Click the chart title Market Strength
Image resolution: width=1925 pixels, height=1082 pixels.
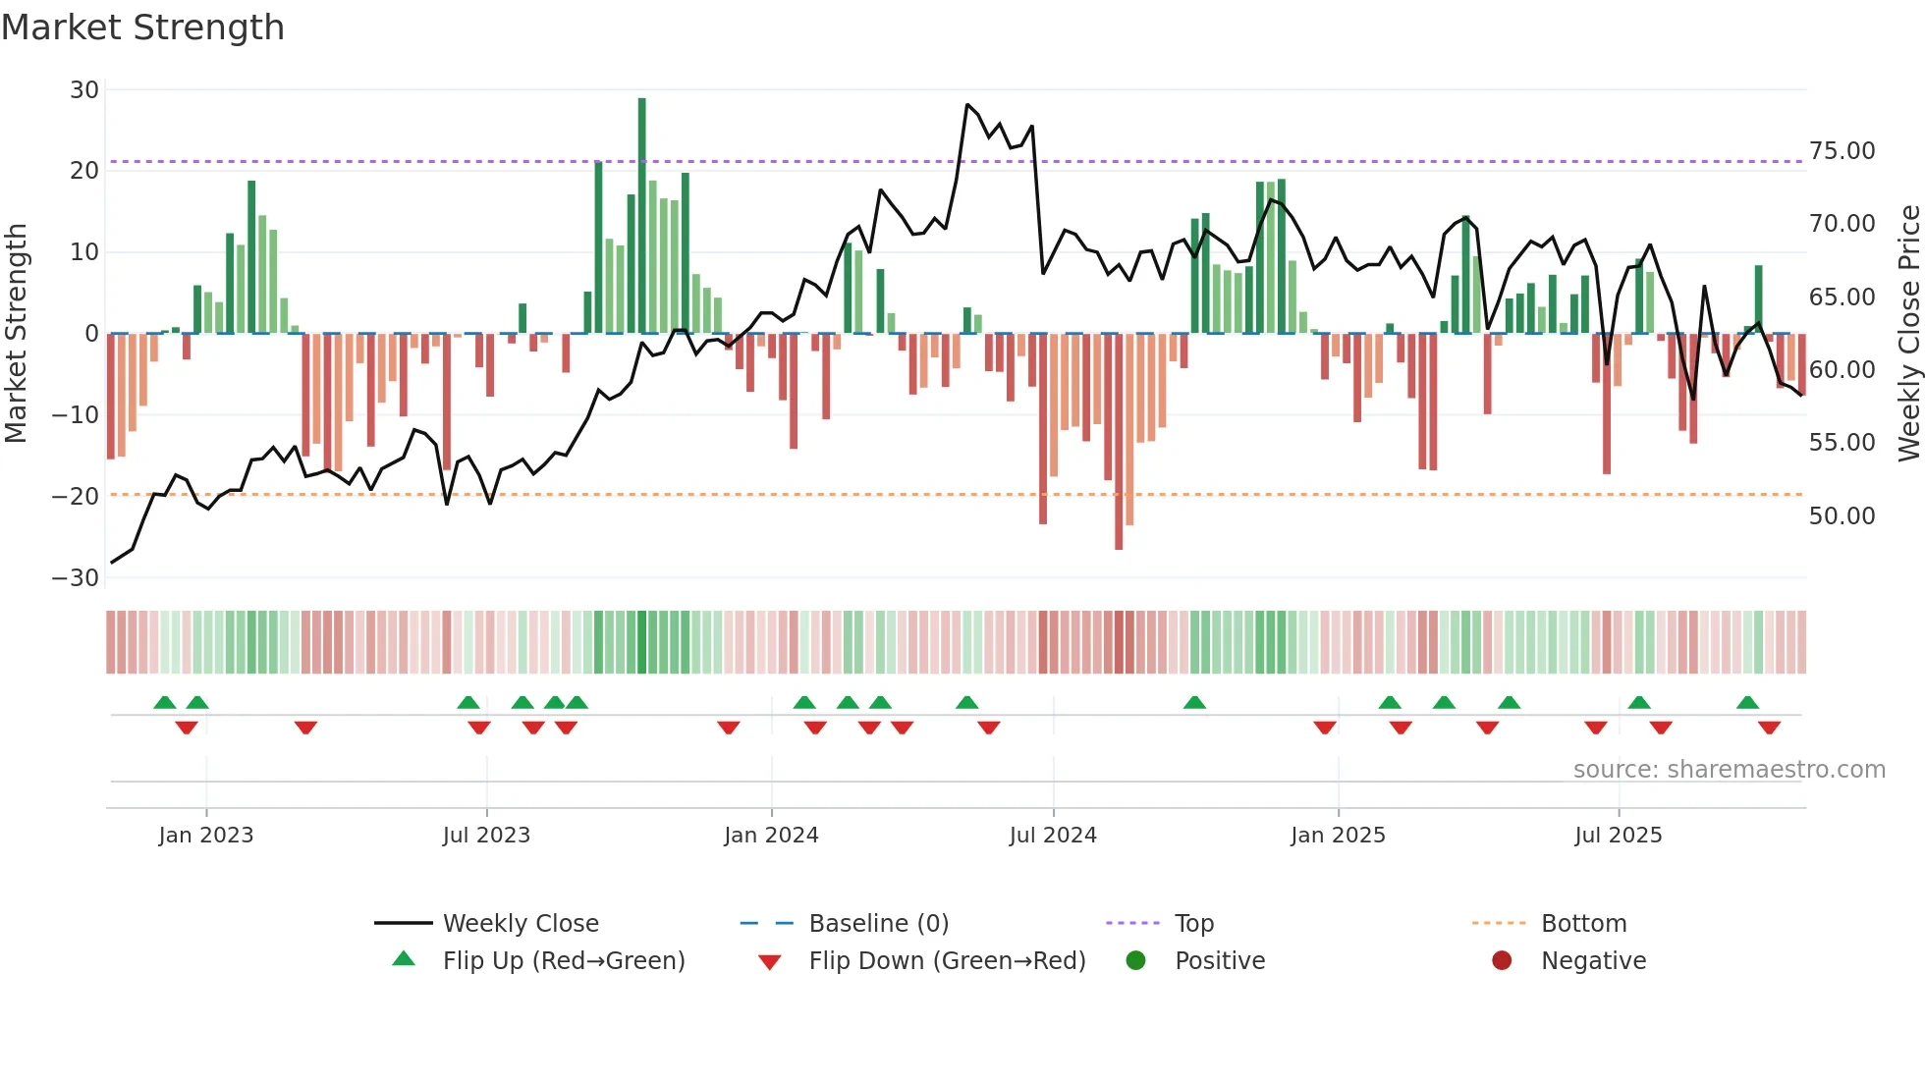point(142,27)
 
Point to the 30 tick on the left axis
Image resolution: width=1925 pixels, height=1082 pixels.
point(84,90)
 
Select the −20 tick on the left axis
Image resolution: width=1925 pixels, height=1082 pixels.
point(76,496)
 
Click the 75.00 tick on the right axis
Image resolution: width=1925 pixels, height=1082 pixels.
point(1842,151)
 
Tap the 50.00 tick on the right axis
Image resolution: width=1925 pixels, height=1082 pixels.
point(1842,516)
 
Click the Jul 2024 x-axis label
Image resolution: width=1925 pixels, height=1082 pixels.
point(1053,836)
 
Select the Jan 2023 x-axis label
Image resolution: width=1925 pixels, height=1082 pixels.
point(206,836)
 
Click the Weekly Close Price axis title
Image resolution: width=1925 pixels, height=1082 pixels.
point(1908,334)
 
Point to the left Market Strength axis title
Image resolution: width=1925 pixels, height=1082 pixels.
point(16,334)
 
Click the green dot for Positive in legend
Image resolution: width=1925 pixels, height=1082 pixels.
point(1136,961)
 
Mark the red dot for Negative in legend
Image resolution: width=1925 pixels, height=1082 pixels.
point(1502,961)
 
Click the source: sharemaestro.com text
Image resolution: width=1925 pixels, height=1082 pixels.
point(1729,770)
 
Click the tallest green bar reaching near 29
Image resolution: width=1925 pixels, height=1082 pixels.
point(642,216)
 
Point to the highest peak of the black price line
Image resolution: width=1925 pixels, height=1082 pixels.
point(967,104)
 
